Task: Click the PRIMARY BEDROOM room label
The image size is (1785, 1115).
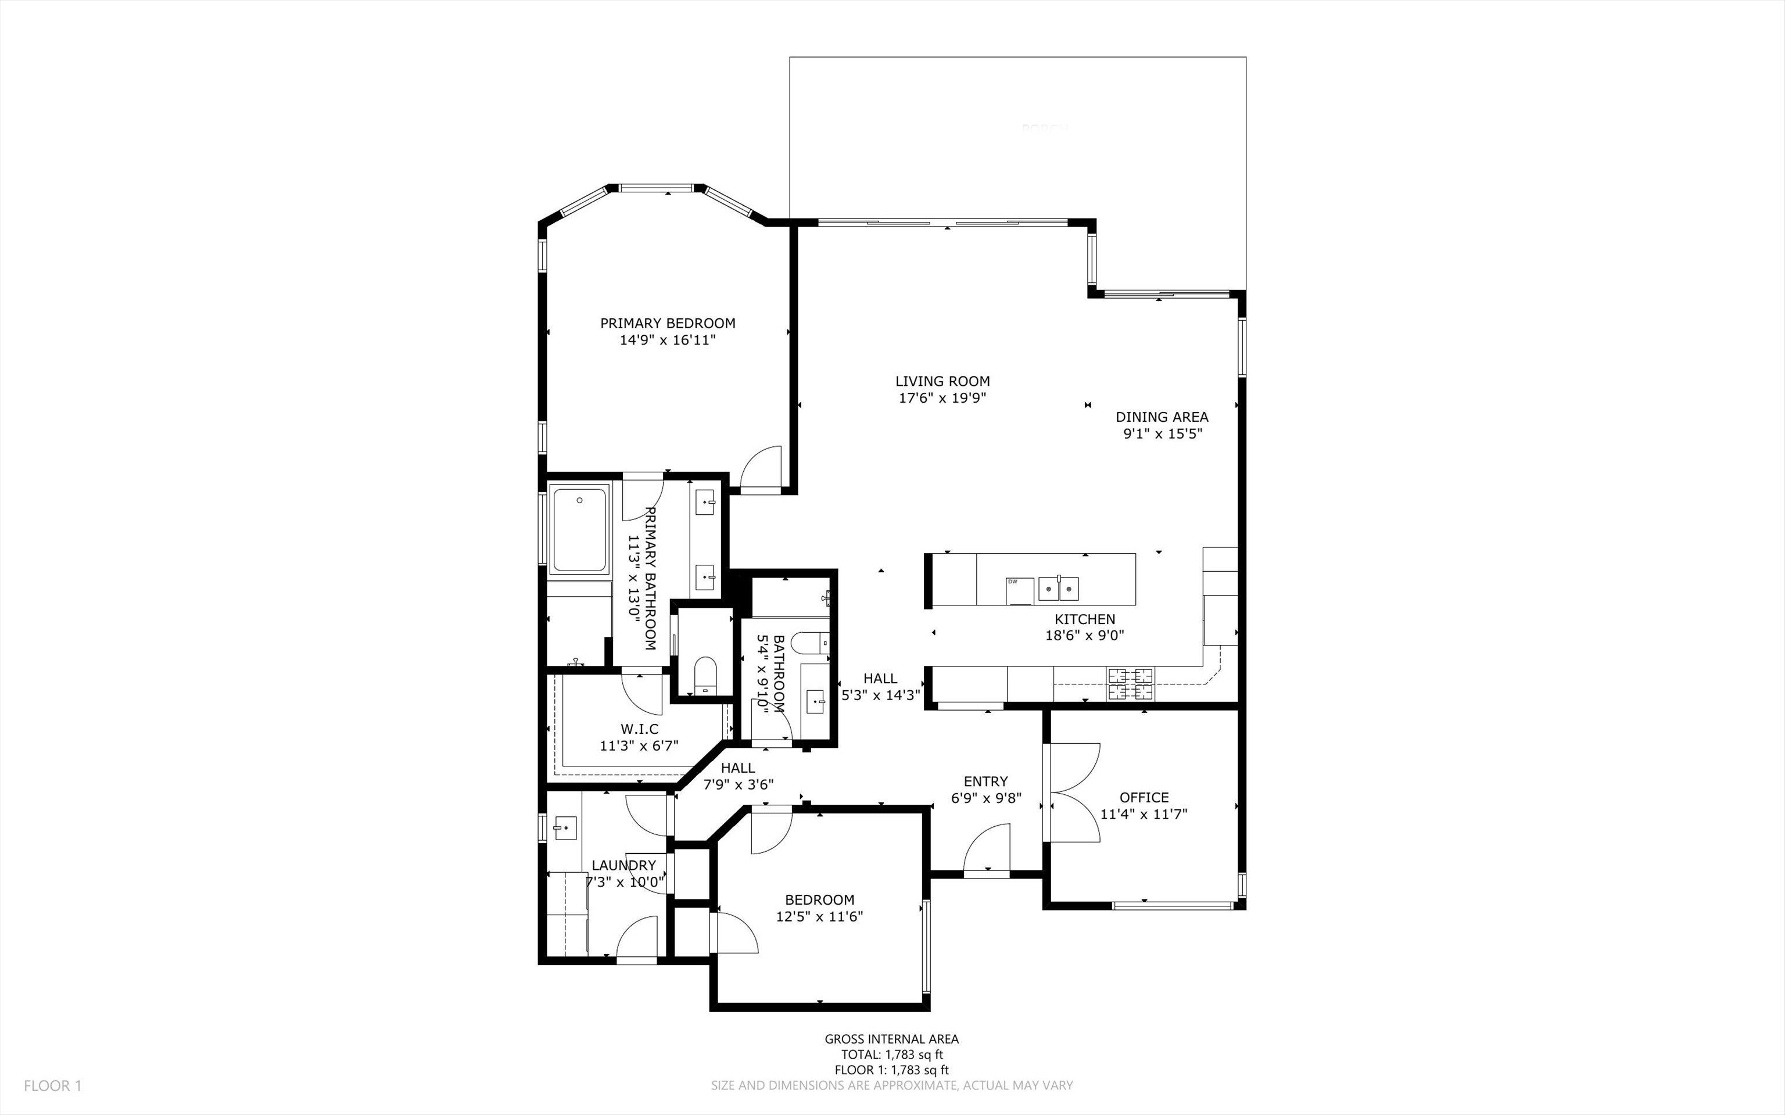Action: coord(667,323)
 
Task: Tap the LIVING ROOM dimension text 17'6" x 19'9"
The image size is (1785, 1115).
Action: coord(942,398)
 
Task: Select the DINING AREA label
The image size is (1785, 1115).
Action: coord(1162,417)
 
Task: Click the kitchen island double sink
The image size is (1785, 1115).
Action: coord(1058,589)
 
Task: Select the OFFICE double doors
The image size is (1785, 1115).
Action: coord(1073,793)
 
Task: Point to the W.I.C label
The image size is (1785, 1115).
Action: coord(639,729)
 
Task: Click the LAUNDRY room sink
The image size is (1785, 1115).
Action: coord(565,827)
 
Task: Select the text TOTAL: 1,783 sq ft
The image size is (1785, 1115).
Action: coord(891,1055)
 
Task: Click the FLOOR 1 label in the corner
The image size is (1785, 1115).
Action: coord(52,1085)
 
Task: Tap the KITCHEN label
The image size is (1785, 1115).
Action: coord(1085,619)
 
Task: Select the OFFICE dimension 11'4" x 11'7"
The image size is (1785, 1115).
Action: coord(1144,814)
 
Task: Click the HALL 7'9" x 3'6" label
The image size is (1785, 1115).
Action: coord(738,776)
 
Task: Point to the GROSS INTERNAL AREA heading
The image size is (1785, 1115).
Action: coord(891,1039)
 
